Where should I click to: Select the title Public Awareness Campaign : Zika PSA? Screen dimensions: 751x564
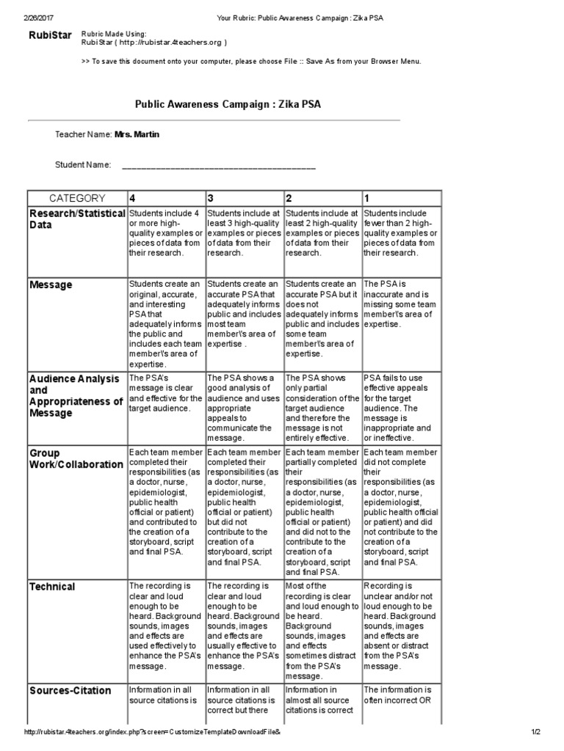point(228,105)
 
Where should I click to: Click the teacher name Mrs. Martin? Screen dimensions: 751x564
point(137,135)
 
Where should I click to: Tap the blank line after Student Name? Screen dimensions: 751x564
point(218,166)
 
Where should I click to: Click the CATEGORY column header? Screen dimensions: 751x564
point(77,198)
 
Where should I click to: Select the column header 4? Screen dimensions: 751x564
point(133,198)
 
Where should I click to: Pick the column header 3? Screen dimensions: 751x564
point(211,198)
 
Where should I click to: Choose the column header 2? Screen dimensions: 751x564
point(289,198)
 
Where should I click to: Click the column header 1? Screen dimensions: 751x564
point(368,198)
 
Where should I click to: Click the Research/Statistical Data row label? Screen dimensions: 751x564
point(76,219)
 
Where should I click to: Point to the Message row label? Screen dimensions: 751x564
point(51,285)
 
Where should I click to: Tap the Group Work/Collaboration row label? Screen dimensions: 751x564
point(76,458)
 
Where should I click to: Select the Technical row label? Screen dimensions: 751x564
point(52,586)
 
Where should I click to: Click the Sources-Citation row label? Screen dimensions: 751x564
point(70,690)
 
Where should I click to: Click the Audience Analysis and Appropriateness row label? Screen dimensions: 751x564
point(76,396)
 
